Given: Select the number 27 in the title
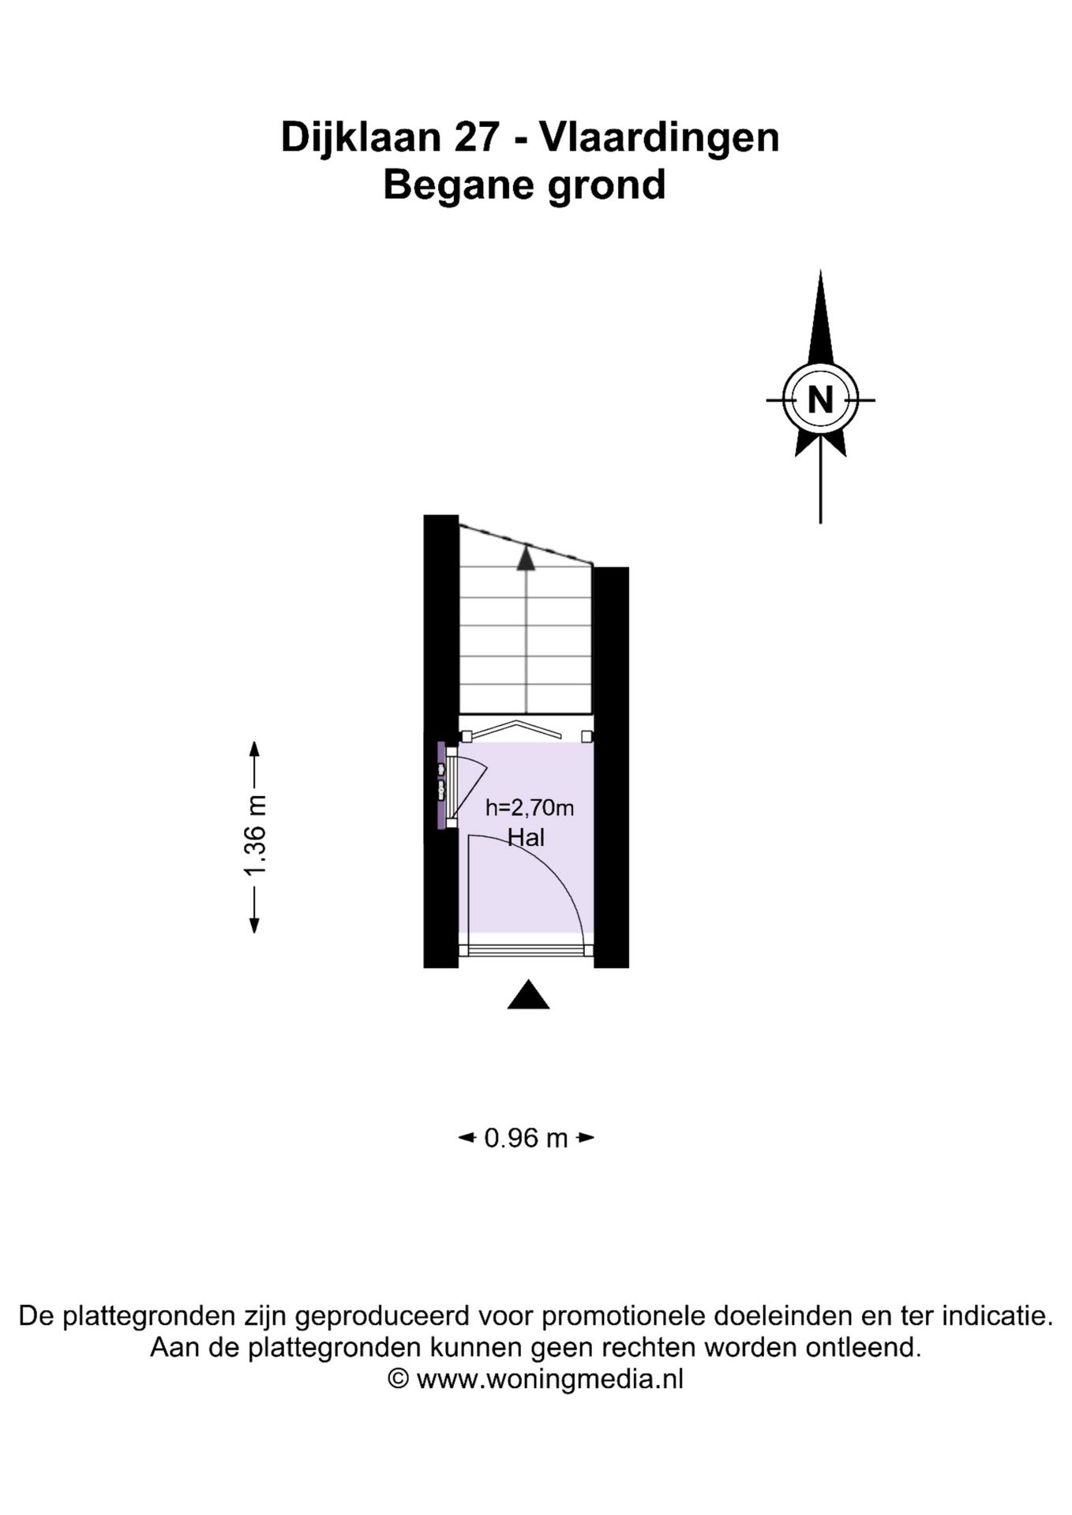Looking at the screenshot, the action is [476, 137].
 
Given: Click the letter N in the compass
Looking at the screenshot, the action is [821, 400].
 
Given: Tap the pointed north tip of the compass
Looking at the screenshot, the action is [821, 271].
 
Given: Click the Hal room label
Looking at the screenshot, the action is [526, 837].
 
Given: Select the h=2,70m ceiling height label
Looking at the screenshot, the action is [529, 807].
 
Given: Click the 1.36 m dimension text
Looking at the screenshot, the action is [256, 836].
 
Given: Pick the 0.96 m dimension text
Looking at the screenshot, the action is [526, 1138].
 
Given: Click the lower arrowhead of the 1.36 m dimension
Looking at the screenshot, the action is [254, 926].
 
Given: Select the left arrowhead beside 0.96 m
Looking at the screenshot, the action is [467, 1138].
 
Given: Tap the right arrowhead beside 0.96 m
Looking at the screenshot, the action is [586, 1138].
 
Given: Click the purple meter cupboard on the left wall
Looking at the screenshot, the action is [441, 785].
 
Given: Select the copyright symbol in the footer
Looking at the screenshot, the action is [399, 1378].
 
